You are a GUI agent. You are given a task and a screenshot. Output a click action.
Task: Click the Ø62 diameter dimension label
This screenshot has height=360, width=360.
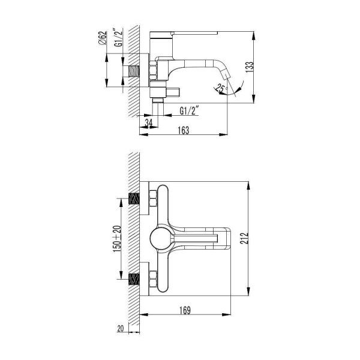point(103,38)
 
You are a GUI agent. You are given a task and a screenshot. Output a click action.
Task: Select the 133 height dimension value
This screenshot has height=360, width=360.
point(250,67)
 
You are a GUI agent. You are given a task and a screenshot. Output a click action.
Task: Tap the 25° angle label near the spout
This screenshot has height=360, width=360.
point(221,89)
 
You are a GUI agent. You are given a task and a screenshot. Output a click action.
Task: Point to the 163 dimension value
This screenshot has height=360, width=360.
point(184,130)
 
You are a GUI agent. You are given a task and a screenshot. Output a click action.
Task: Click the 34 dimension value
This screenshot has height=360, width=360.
point(149,123)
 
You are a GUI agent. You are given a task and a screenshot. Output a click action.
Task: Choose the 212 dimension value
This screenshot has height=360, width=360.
point(244,238)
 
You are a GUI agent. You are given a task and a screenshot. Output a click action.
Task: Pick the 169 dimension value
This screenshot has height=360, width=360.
point(185,310)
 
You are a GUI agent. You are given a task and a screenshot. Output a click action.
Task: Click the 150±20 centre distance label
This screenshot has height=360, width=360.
point(117,239)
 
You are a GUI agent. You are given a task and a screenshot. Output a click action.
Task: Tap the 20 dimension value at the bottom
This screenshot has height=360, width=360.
point(121,329)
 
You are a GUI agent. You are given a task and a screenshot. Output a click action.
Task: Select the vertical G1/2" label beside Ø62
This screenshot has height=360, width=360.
point(118,37)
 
